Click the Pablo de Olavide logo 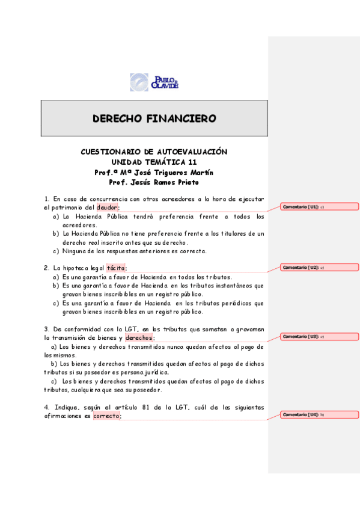coord(154,81)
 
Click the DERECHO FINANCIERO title coord(154,119)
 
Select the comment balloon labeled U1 coord(319,207)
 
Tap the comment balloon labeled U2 coord(319,267)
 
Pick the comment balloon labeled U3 coord(319,337)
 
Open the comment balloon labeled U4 coord(319,415)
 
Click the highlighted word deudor coord(108,207)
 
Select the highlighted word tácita coord(116,268)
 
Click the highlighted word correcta coord(106,416)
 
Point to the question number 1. coord(46,198)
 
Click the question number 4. coord(46,407)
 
